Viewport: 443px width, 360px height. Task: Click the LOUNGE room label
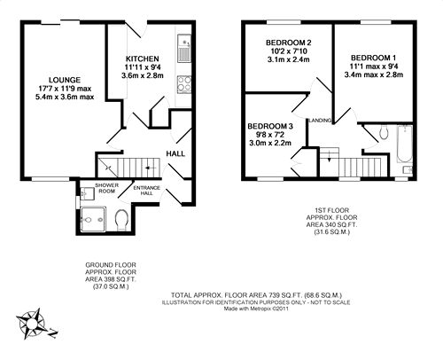point(65,80)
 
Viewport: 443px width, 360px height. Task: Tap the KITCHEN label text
point(143,59)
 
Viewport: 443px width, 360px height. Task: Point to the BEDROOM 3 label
point(270,127)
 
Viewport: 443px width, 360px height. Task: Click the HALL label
point(175,153)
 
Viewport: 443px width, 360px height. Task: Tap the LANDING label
point(320,121)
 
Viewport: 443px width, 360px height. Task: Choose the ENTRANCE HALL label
point(147,191)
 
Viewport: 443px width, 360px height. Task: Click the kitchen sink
point(184,49)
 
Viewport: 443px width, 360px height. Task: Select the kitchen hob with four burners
point(184,84)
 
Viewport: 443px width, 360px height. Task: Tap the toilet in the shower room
point(120,219)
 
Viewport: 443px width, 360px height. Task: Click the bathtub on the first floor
point(404,144)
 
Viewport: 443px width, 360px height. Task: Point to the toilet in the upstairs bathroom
point(384,132)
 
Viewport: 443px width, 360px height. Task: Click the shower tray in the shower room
point(93,219)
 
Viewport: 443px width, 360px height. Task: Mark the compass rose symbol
point(31,324)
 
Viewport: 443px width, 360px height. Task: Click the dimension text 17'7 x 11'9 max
point(65,89)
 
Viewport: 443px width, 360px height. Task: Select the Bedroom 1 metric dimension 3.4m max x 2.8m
point(374,74)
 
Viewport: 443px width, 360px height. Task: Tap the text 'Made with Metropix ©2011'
point(256,309)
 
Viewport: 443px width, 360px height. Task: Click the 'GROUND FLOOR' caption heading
point(111,265)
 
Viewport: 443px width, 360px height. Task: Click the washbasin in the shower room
point(87,193)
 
